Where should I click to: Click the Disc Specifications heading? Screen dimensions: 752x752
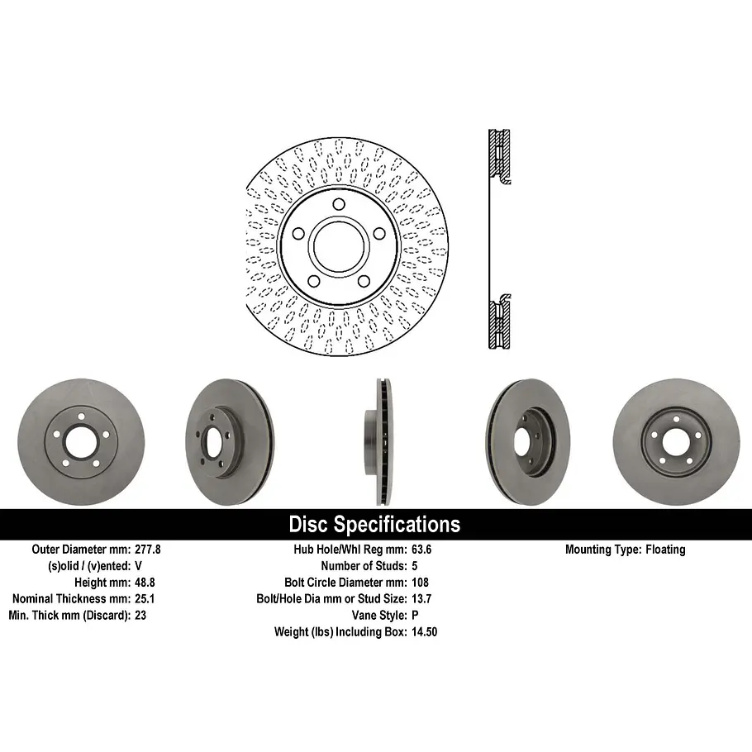[x=374, y=524]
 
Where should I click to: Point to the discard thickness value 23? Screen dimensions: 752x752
[x=140, y=615]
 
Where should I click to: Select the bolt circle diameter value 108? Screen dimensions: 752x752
[x=420, y=582]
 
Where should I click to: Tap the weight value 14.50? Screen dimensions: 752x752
[x=426, y=631]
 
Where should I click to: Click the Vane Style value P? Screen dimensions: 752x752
[x=415, y=615]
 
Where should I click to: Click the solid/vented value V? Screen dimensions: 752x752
[x=138, y=565]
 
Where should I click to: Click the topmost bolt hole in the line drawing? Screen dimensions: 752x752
[x=339, y=206]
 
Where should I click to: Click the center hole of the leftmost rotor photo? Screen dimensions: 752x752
[x=80, y=443]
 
